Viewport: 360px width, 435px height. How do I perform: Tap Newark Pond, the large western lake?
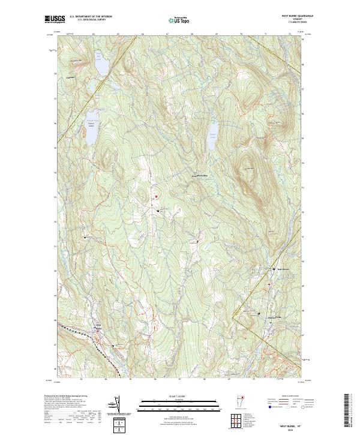click(x=91, y=127)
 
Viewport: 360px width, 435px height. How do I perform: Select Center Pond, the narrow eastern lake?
click(x=212, y=137)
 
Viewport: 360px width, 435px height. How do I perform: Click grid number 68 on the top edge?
click(x=191, y=34)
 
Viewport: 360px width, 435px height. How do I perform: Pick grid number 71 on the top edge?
click(x=265, y=34)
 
